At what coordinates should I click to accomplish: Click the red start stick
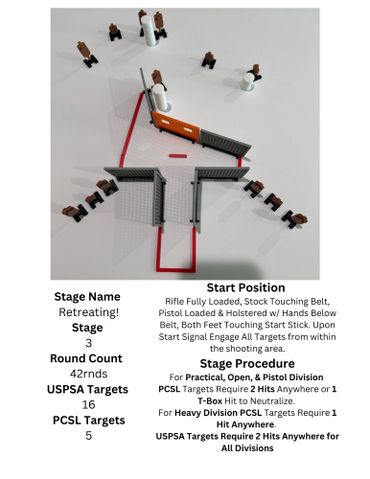(178, 156)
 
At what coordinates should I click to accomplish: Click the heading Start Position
(246, 288)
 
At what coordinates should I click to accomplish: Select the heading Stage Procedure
(247, 363)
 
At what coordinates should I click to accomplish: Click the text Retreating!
(89, 312)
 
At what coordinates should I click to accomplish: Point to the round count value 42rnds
(89, 374)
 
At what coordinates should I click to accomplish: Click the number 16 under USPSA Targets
(89, 405)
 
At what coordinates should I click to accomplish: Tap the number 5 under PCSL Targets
(89, 435)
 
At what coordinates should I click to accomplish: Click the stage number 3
(89, 343)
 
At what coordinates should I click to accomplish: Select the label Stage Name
(87, 297)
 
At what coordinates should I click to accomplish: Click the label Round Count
(86, 358)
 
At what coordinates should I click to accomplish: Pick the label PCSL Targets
(89, 420)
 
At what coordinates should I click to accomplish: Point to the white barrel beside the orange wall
(160, 97)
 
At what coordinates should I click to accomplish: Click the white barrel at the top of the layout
(148, 31)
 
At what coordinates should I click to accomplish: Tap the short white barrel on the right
(248, 82)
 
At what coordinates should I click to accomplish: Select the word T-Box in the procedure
(210, 401)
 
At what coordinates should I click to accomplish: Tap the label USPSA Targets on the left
(88, 389)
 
